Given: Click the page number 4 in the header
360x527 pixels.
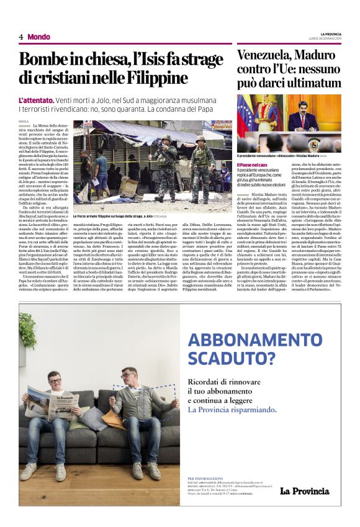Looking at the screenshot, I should pos(21,37).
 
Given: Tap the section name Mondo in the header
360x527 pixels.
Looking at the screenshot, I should pos(38,37).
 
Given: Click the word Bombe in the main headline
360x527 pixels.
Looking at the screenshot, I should pos(43,61).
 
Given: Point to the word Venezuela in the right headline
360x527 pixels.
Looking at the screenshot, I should pos(268,55).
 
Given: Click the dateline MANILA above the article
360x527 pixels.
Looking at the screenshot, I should pos(24,121).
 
